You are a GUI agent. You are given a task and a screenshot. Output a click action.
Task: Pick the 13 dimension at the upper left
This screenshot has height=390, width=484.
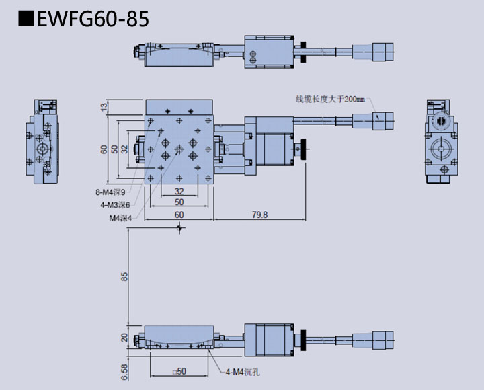pos(104,106)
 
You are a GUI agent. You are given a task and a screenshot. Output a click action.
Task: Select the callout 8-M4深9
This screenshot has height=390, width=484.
pos(110,192)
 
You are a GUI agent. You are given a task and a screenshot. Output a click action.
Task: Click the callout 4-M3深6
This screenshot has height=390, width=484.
pos(115,204)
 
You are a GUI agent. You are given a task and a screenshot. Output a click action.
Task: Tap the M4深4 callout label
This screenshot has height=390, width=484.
pos(120,217)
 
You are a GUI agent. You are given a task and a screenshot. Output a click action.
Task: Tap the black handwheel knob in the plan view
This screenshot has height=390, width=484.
pos(307,149)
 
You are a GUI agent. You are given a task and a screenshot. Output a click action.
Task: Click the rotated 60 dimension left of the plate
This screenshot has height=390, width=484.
pos(104,149)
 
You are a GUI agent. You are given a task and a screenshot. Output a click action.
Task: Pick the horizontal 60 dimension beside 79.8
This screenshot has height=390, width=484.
pos(179,214)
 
